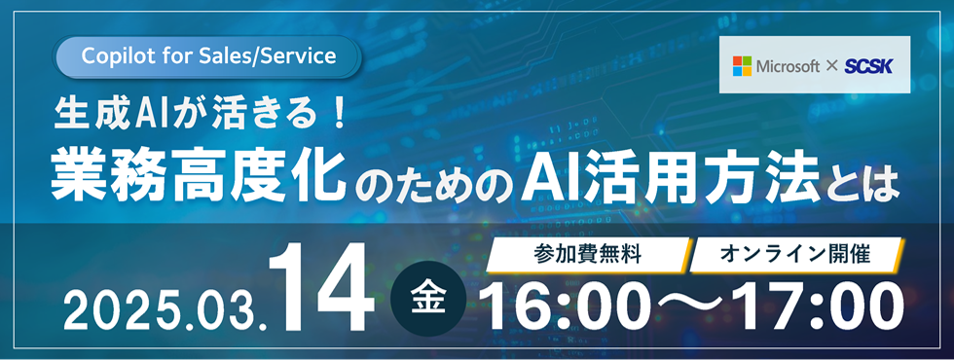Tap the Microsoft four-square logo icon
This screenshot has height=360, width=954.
tap(743, 65)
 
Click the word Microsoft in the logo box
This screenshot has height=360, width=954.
tap(788, 66)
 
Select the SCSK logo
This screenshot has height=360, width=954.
tap(862, 66)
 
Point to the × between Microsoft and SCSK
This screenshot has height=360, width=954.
tap(831, 66)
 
